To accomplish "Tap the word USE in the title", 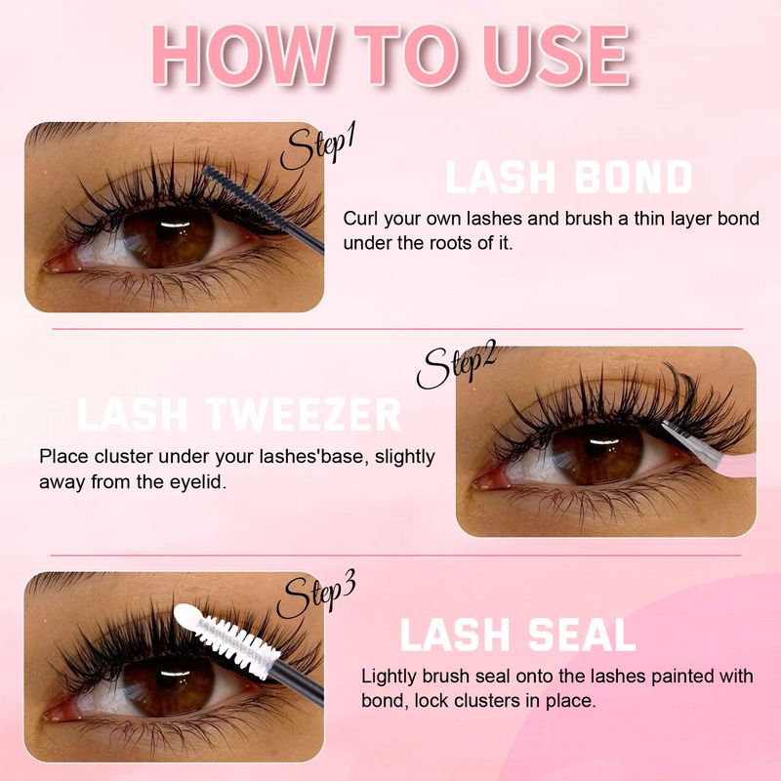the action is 556,55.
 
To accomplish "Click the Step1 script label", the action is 316,147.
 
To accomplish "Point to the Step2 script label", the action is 455,367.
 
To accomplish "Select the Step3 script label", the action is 315,596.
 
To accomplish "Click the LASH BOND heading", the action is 568,177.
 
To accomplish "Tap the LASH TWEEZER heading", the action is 239,414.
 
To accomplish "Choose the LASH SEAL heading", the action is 518,634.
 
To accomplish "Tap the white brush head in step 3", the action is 226,636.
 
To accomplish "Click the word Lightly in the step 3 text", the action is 390,677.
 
